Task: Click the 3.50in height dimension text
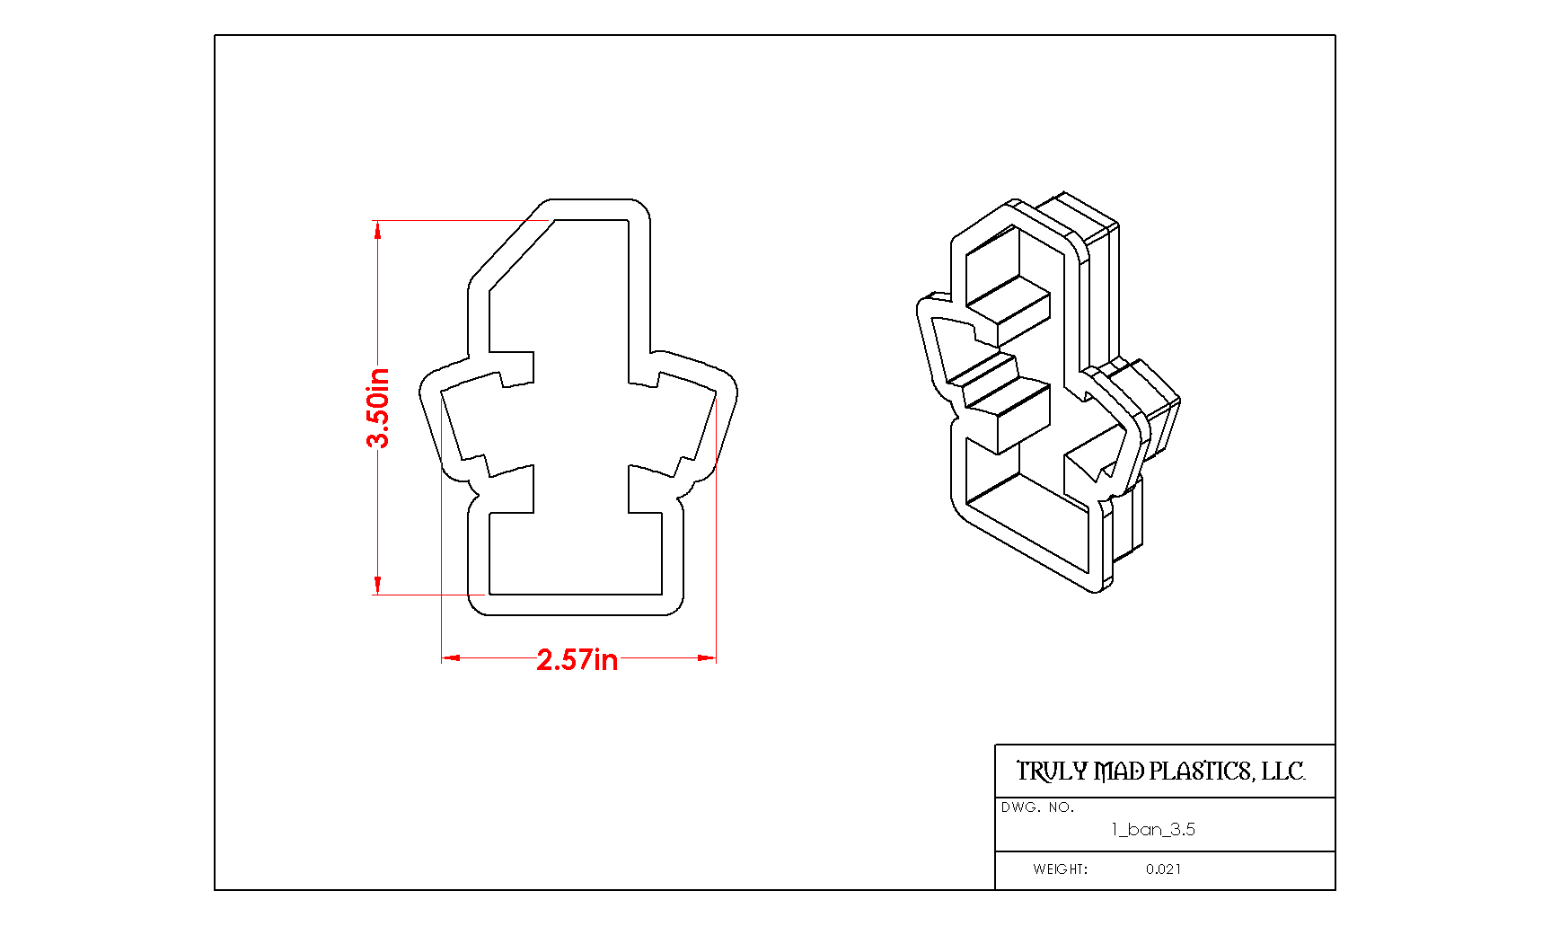(x=378, y=408)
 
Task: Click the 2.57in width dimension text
(x=577, y=660)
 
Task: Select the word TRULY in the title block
(x=1052, y=772)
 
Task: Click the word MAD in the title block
(x=1119, y=772)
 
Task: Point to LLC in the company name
(x=1283, y=772)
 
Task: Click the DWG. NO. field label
(x=1037, y=807)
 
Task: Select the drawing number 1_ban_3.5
(x=1153, y=829)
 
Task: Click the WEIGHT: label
(x=1061, y=869)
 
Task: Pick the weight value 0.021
(x=1164, y=869)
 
